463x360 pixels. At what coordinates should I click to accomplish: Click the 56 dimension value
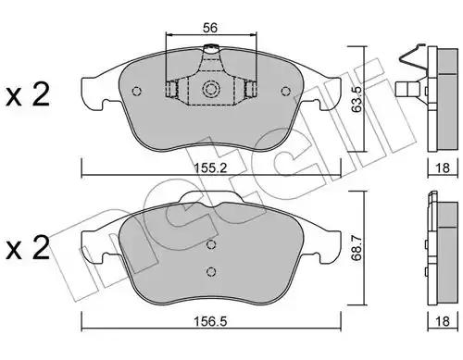(x=210, y=28)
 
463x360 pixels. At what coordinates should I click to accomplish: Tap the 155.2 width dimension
(x=211, y=168)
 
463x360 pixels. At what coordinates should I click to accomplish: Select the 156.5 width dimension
(x=210, y=321)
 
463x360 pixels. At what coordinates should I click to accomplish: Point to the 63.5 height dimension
(x=357, y=99)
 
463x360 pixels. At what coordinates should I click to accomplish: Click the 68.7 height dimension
(x=357, y=248)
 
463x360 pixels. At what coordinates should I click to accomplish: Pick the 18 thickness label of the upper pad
(x=443, y=168)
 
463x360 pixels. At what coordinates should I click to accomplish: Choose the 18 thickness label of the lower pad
(x=443, y=321)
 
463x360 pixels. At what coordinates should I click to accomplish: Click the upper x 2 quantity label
(x=28, y=95)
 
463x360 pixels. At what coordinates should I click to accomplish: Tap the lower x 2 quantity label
(x=28, y=247)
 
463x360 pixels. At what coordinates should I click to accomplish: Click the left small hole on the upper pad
(x=136, y=91)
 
